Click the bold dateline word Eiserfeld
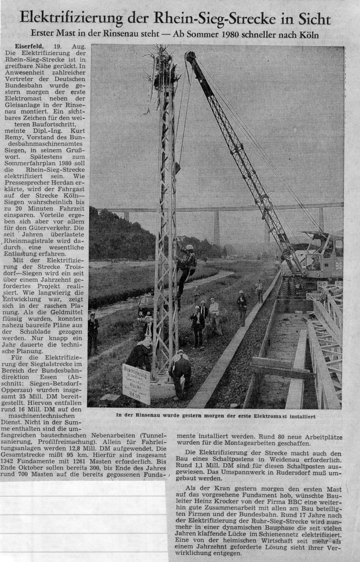coord(30,46)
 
